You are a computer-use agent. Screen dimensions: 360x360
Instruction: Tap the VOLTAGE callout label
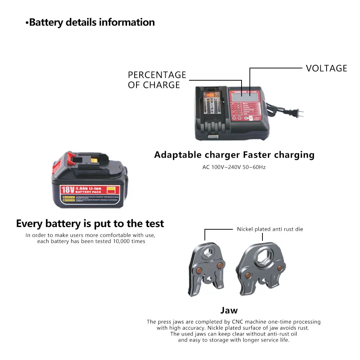coord(326,68)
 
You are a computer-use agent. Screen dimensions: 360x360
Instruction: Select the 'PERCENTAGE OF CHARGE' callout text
coord(157,80)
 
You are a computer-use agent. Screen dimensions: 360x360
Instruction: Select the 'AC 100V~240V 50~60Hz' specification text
coord(234,167)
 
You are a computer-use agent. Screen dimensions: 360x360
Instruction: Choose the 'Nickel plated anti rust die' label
coord(270,229)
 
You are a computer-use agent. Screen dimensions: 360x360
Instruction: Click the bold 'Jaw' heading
coord(229,310)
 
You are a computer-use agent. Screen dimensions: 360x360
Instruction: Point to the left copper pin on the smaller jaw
coord(199,270)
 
